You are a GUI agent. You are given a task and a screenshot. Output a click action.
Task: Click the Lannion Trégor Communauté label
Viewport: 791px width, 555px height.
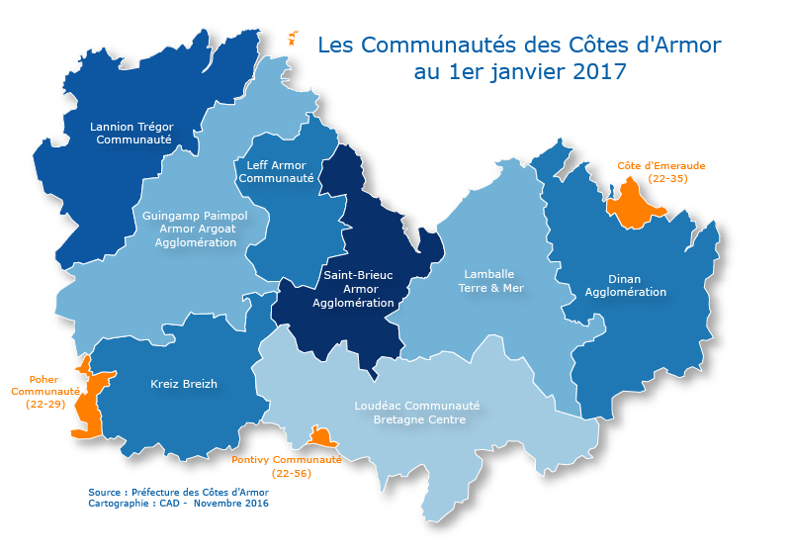(x=132, y=133)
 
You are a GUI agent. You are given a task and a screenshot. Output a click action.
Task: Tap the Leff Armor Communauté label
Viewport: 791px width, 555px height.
(x=276, y=171)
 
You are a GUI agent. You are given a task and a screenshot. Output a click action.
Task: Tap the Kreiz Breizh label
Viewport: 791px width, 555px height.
(x=184, y=384)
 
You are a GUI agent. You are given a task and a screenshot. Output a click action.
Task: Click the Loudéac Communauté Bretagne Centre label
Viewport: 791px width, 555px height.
(x=416, y=413)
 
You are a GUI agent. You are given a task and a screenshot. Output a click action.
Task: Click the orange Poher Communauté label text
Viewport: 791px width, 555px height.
(x=44, y=391)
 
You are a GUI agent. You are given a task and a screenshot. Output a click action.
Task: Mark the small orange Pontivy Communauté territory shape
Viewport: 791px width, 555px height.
(x=321, y=437)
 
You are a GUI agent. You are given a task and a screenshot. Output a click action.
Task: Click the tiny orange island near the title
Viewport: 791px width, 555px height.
(x=292, y=38)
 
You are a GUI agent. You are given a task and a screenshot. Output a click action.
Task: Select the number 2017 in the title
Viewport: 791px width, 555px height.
(x=599, y=71)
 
